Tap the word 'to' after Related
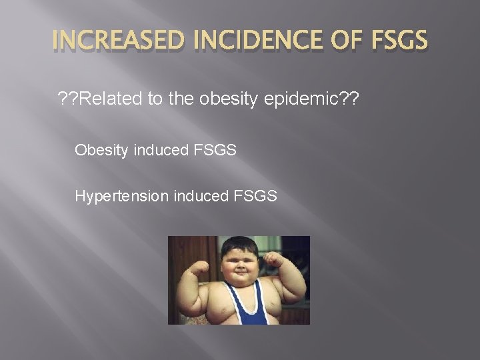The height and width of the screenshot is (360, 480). [157, 100]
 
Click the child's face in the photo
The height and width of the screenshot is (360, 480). [238, 263]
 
